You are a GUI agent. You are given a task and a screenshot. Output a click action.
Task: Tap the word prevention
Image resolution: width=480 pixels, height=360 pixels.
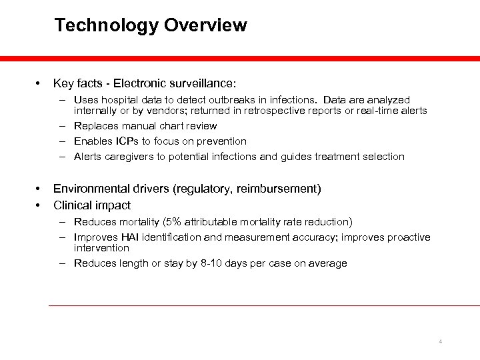pos(222,141)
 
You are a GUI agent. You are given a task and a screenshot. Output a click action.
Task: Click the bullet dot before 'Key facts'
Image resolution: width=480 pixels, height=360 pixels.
pos(40,84)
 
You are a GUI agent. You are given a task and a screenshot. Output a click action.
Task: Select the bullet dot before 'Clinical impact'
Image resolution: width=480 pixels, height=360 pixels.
pos(40,205)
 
